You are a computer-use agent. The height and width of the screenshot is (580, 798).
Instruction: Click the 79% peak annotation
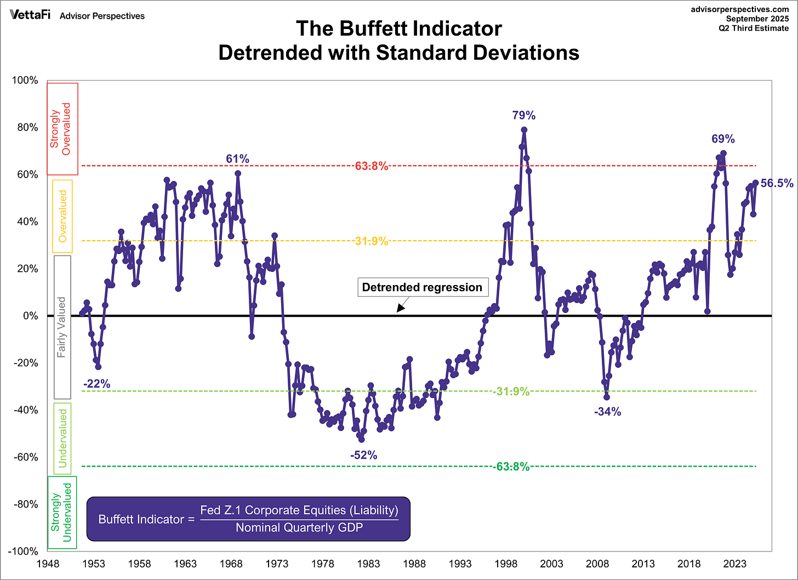523,115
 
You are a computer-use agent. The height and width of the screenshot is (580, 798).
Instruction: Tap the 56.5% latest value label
777,184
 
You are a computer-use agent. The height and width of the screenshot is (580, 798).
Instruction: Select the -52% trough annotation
364,455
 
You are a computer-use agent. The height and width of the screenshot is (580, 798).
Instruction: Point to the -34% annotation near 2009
607,412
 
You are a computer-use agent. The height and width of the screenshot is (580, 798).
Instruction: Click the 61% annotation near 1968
237,159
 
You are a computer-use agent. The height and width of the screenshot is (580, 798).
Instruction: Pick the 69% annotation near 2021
723,139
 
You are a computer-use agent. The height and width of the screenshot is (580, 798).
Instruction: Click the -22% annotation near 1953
96,384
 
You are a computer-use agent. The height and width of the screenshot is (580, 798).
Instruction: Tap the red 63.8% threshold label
371,166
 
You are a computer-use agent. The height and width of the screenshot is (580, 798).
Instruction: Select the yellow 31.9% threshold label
371,241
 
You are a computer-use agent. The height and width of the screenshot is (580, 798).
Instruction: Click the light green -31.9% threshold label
511,391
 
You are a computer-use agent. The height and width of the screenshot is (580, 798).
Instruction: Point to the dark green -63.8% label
511,467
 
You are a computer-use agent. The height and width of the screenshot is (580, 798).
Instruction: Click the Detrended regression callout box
422,287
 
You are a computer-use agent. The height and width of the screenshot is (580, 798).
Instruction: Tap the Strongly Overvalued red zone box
62,128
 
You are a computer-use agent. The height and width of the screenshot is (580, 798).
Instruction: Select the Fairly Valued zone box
62,327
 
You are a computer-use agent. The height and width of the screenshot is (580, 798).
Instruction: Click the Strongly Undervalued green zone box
62,512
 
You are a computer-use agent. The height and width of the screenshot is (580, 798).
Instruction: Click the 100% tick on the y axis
25,81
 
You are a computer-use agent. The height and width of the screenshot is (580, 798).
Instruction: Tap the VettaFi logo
30,15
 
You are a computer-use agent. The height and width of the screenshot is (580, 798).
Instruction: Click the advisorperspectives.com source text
740,9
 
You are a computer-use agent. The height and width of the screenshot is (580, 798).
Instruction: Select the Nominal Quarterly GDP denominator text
299,528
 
